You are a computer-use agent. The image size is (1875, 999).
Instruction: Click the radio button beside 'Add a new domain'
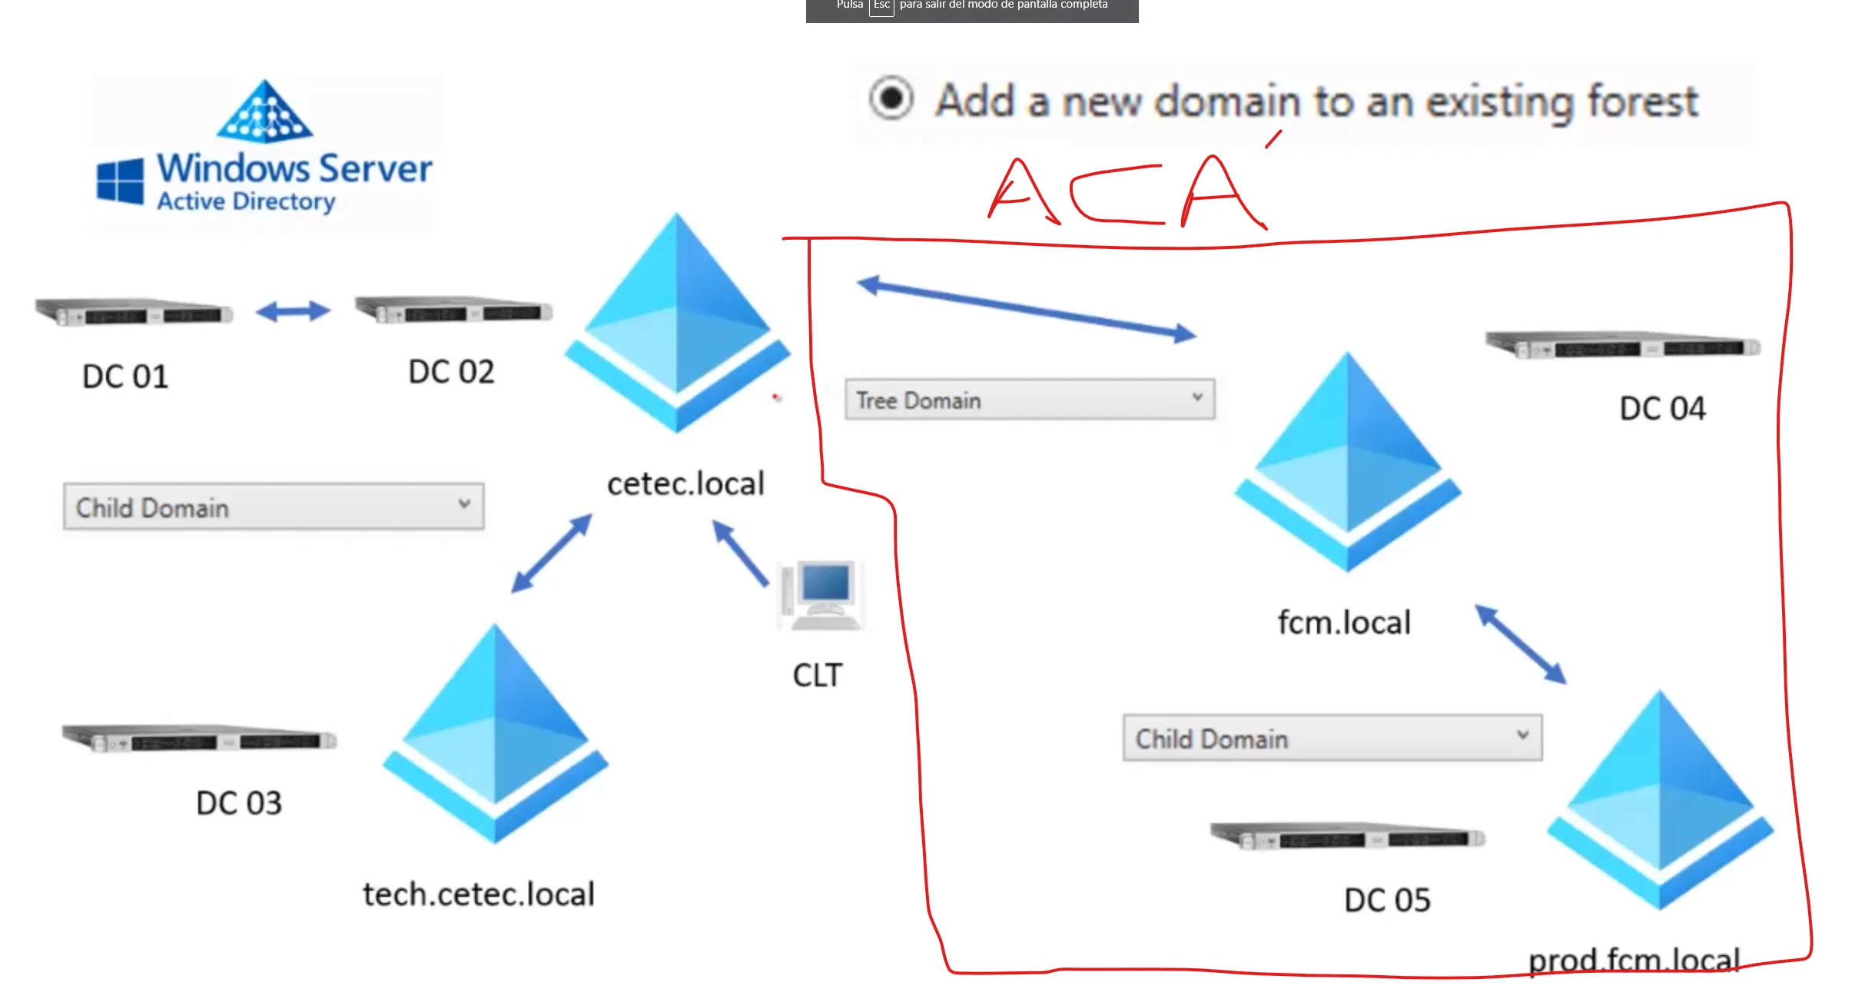coord(891,98)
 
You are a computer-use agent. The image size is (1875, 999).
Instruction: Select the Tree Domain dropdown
coord(1029,400)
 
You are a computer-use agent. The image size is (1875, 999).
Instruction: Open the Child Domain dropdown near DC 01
coord(274,506)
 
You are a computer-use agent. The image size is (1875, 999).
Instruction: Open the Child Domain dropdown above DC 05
coord(1332,738)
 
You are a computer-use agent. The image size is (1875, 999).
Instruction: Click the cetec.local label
coord(685,484)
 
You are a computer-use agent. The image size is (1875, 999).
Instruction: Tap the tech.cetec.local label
coord(479,894)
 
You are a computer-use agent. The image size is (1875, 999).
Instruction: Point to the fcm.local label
coord(1344,622)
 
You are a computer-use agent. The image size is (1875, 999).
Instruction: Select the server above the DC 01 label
coord(134,312)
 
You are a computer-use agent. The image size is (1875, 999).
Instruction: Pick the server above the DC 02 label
coord(453,310)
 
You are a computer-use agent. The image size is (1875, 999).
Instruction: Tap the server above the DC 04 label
coord(1622,345)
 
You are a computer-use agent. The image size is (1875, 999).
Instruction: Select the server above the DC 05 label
coord(1347,835)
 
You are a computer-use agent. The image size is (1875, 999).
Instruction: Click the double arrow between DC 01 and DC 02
coord(293,311)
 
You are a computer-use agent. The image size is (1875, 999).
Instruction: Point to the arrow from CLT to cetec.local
coord(740,553)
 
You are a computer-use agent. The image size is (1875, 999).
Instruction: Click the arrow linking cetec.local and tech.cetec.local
coord(552,553)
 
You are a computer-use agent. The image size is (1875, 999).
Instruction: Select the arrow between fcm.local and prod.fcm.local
coord(1521,644)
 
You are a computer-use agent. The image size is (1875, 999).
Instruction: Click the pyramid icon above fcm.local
coord(1347,461)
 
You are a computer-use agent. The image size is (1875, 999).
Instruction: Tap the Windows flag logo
coord(120,181)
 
